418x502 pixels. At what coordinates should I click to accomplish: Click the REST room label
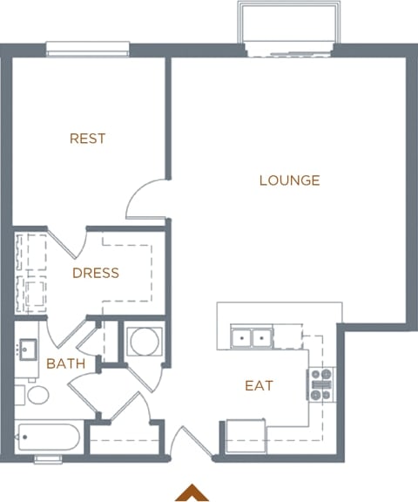coord(87,139)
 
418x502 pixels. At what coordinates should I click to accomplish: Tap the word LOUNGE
coord(289,180)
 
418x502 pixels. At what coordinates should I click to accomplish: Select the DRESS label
coord(95,273)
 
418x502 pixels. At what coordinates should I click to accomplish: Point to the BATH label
coord(65,363)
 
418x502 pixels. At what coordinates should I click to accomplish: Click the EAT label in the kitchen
coord(259,385)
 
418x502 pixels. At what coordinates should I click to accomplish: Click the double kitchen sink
coord(252,337)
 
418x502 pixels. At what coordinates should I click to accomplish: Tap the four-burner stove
coord(320,384)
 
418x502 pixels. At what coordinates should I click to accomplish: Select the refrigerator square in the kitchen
coord(245,436)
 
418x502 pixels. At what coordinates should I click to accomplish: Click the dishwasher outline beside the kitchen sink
coord(289,337)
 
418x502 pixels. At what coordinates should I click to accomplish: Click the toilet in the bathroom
coord(35,395)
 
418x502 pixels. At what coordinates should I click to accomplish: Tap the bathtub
coord(49,436)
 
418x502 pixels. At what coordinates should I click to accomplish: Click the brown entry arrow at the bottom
coord(192,493)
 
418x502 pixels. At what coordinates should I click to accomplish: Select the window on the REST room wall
coord(87,48)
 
